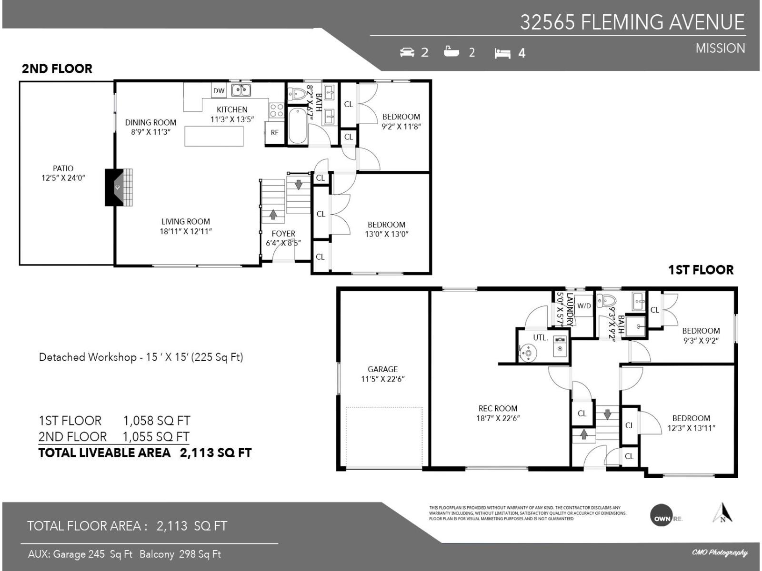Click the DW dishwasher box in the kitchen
[219, 91]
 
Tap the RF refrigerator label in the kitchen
[274, 132]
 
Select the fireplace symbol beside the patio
[118, 187]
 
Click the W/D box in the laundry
[584, 306]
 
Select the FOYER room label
[283, 234]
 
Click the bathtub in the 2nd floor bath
[298, 125]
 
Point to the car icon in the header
[407, 52]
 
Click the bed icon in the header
[502, 53]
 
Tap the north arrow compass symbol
[722, 513]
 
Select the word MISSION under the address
[720, 49]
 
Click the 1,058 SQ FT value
[157, 421]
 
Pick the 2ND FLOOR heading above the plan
[57, 69]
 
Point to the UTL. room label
[540, 338]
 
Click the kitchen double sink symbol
[241, 90]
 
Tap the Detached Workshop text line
[141, 357]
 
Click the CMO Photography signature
[719, 552]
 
